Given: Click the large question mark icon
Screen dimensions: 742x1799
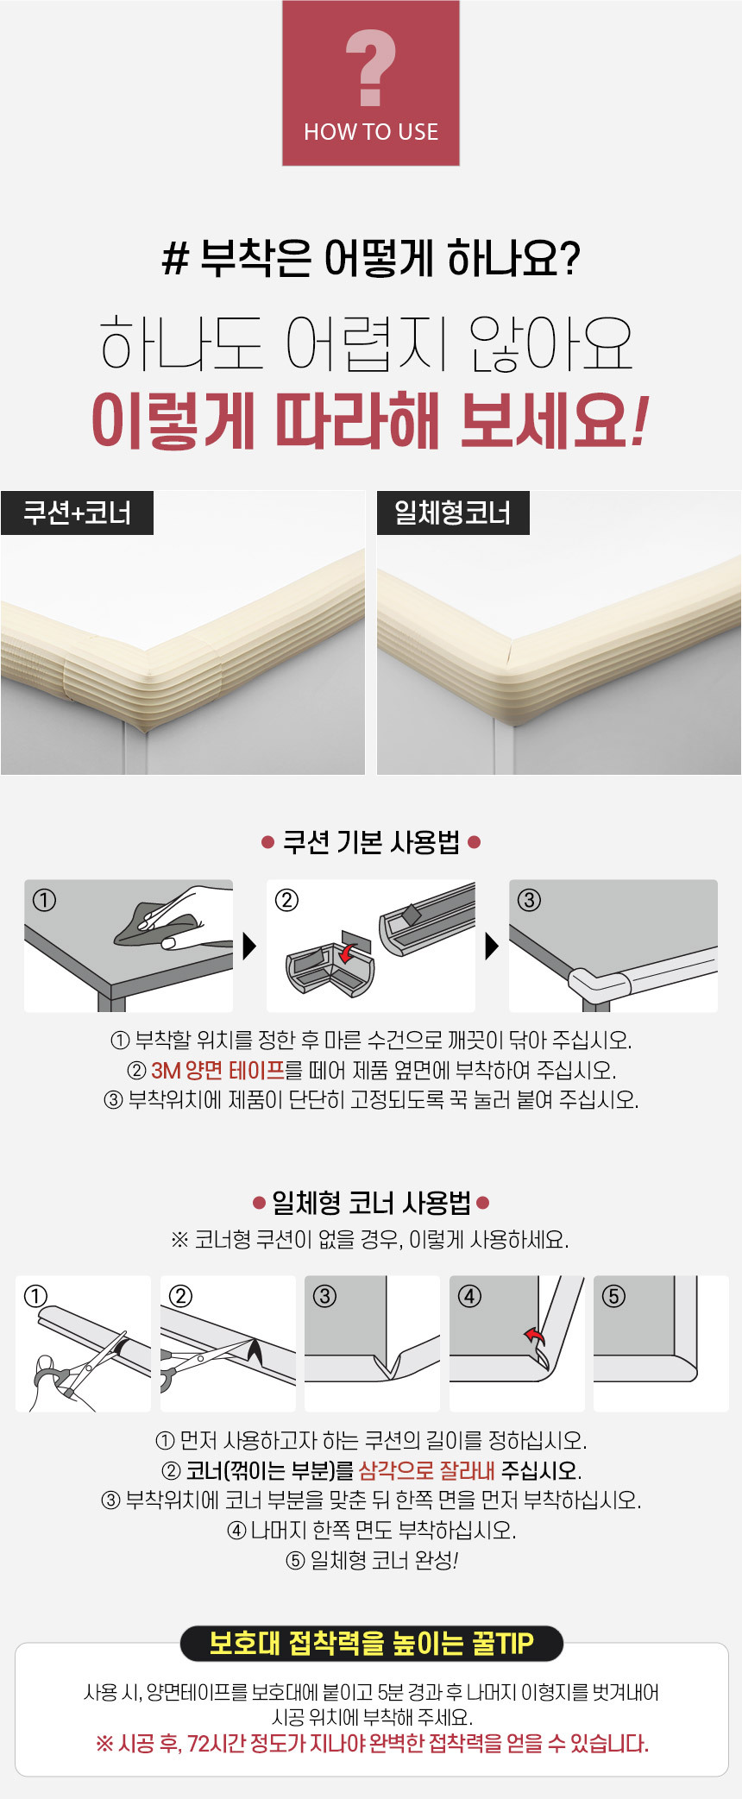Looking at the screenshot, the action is pyautogui.click(x=371, y=67).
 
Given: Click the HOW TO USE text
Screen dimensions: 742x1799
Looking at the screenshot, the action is pyautogui.click(x=371, y=132).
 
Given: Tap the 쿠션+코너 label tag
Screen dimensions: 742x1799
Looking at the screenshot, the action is pyautogui.click(x=77, y=513).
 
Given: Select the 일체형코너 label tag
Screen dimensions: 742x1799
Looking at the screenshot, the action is pyautogui.click(x=453, y=513).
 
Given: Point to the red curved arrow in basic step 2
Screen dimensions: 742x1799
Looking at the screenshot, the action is pyautogui.click(x=349, y=951).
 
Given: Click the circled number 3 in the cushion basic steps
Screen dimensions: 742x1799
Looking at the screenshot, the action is pyautogui.click(x=529, y=900).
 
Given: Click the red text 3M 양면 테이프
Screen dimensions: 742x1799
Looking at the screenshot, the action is pyautogui.click(x=217, y=1071).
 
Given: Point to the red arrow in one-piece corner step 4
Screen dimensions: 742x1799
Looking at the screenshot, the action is pyautogui.click(x=535, y=1337).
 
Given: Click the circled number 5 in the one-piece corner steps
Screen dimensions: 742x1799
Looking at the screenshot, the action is pyautogui.click(x=613, y=1296).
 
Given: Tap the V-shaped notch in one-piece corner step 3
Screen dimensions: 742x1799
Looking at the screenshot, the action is pyautogui.click(x=388, y=1365).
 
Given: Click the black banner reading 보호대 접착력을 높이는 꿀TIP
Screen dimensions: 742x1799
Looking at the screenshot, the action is pyautogui.click(x=371, y=1644).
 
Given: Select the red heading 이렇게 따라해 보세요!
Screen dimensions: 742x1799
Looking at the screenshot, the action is pyautogui.click(x=369, y=420).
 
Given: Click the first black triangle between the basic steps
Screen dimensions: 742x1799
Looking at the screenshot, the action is pyautogui.click(x=250, y=947).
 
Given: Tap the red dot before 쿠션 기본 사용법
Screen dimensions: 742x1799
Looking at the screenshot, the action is pyautogui.click(x=267, y=842).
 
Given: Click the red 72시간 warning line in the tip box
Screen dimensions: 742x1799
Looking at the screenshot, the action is pyautogui.click(x=372, y=1744).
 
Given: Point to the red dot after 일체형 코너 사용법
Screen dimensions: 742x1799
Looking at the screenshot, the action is pyautogui.click(x=483, y=1202).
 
